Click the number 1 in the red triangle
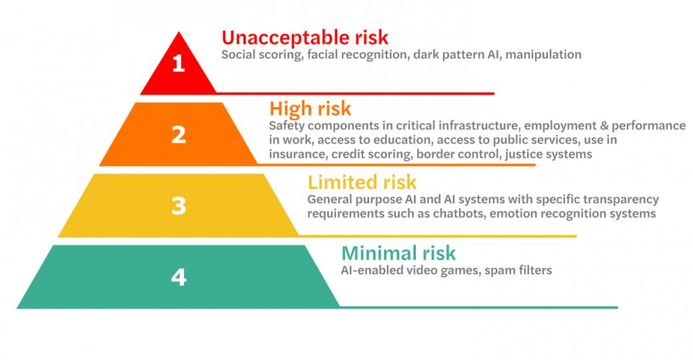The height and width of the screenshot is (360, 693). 178,64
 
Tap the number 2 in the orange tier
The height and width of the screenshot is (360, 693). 179,135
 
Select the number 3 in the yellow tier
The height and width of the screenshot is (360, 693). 179,206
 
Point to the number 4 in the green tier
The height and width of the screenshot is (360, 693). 179,277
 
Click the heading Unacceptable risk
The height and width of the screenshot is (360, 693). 305,37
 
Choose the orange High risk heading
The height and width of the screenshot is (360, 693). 311,109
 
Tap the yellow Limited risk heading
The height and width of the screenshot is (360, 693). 362,182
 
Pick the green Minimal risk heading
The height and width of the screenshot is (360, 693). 398,253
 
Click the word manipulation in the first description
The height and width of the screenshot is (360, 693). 543,55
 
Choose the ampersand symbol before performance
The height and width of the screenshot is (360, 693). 604,125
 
